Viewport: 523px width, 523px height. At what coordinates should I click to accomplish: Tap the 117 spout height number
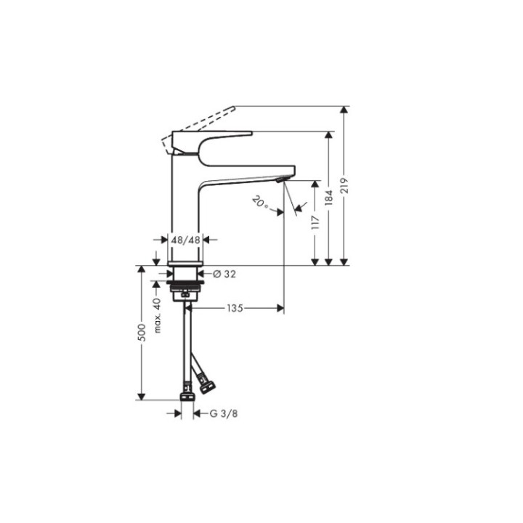tap(315, 222)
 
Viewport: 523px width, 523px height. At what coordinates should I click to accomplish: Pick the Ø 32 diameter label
tap(224, 273)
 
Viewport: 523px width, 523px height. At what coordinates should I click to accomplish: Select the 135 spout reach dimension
tap(233, 308)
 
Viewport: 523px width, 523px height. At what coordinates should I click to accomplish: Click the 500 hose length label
tap(142, 332)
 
